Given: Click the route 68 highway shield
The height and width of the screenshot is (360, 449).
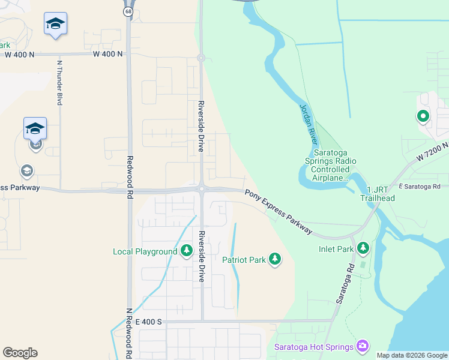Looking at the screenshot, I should pyautogui.click(x=128, y=11).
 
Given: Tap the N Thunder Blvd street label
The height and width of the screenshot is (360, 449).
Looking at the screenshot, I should pyautogui.click(x=59, y=83).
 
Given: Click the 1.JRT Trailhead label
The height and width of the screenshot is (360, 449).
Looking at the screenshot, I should pyautogui.click(x=377, y=194).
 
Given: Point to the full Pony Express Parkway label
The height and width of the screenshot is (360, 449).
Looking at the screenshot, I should pyautogui.click(x=279, y=212).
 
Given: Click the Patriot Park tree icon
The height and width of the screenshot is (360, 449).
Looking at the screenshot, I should pyautogui.click(x=274, y=259).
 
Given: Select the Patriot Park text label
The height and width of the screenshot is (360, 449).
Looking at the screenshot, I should pyautogui.click(x=244, y=260).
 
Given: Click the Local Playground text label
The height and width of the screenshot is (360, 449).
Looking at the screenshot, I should pyautogui.click(x=145, y=251).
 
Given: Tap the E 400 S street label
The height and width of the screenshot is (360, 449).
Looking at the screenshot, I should pyautogui.click(x=149, y=322).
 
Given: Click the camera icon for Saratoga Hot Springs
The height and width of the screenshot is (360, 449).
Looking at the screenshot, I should pyautogui.click(x=362, y=346).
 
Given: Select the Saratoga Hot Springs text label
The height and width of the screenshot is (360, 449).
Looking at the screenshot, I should pyautogui.click(x=314, y=347).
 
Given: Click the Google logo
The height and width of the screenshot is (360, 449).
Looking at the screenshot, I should pyautogui.click(x=20, y=353).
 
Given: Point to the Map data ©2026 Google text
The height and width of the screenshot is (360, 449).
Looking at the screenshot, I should pyautogui.click(x=411, y=355).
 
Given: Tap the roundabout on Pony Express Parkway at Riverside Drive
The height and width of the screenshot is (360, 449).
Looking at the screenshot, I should pyautogui.click(x=202, y=189).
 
